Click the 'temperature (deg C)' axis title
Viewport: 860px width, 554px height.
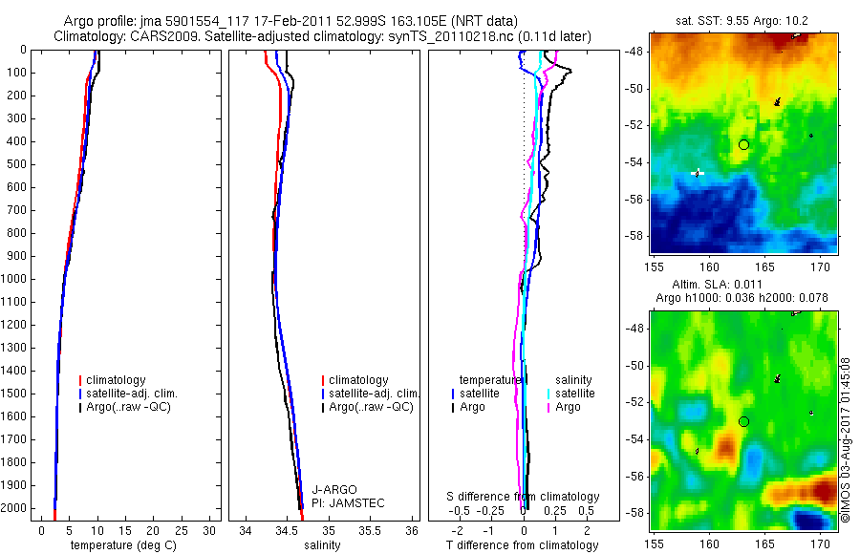point(122,545)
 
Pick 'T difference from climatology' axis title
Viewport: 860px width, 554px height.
point(523,545)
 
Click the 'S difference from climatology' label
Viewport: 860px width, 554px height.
point(524,497)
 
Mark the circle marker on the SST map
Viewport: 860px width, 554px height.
point(743,144)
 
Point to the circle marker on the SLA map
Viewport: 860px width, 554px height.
point(743,421)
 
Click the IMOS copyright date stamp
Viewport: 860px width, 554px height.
point(846,439)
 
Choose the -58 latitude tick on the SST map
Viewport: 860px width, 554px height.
point(636,235)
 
